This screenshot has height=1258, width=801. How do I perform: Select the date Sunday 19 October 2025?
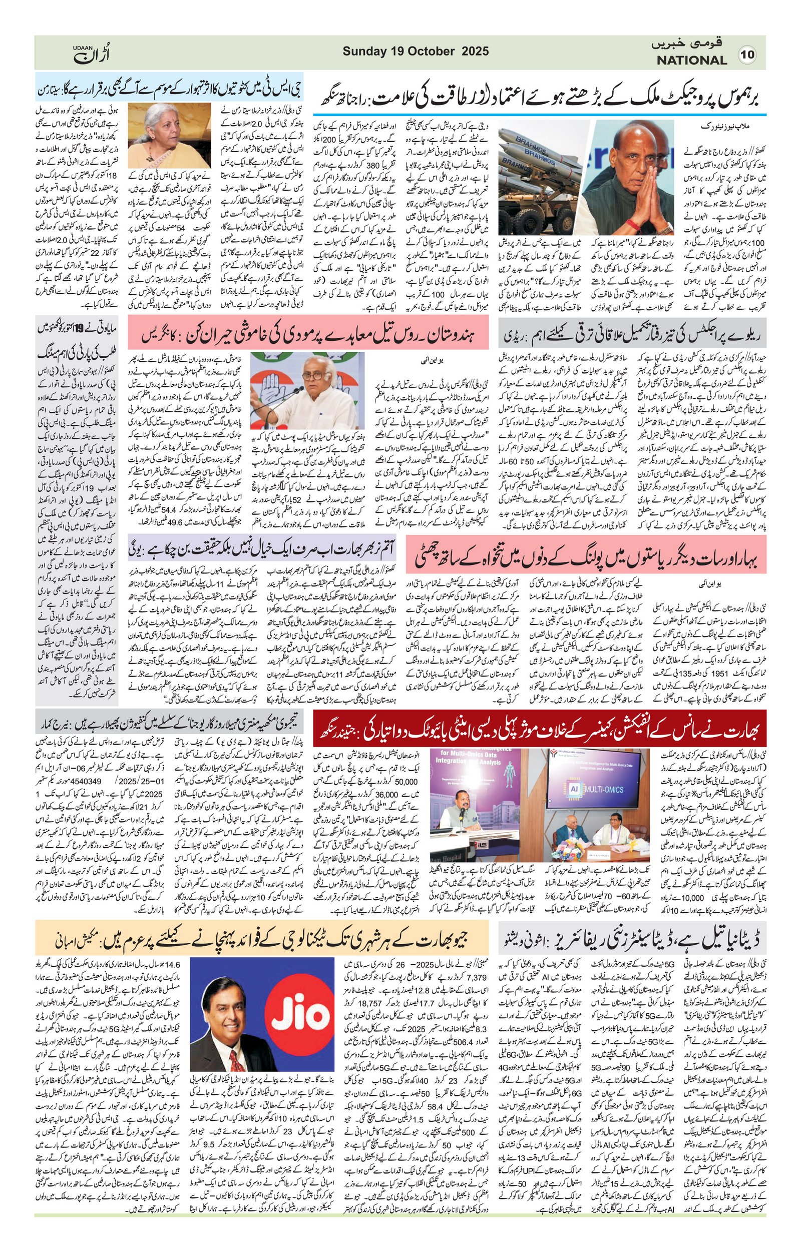416,51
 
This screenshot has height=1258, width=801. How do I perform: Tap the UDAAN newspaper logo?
92,52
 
